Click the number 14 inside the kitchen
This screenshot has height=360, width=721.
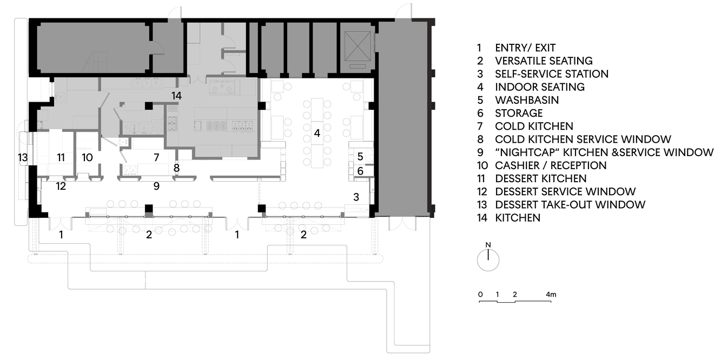[x=176, y=96]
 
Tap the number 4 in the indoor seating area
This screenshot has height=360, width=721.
[x=318, y=133]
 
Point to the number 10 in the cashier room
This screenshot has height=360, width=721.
[x=88, y=157]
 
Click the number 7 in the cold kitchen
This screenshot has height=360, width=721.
[x=156, y=157]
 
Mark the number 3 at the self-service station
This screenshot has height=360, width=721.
[x=356, y=197]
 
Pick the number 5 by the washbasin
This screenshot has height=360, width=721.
[x=360, y=157]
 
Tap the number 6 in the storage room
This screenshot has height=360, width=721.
[x=360, y=171]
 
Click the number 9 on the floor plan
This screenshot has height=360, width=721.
[x=156, y=186]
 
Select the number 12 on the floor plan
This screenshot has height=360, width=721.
[x=61, y=186]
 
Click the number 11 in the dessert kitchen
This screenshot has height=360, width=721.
[x=61, y=157]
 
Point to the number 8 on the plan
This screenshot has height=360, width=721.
[x=176, y=168]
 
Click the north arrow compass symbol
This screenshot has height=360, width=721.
[x=488, y=259]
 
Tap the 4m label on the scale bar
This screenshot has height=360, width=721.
[x=551, y=295]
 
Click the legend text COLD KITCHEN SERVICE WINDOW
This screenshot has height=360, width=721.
[x=583, y=139]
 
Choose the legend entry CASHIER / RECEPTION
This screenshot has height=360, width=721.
[x=551, y=165]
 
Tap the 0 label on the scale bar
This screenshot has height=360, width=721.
[x=480, y=295]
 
